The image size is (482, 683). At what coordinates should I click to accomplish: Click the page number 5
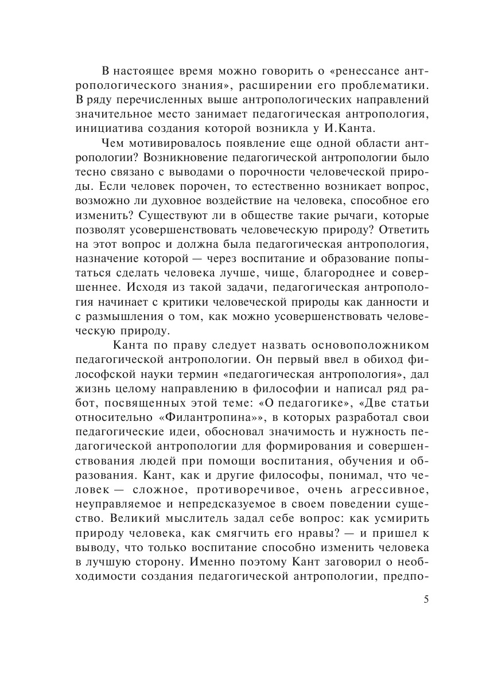point(426,600)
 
